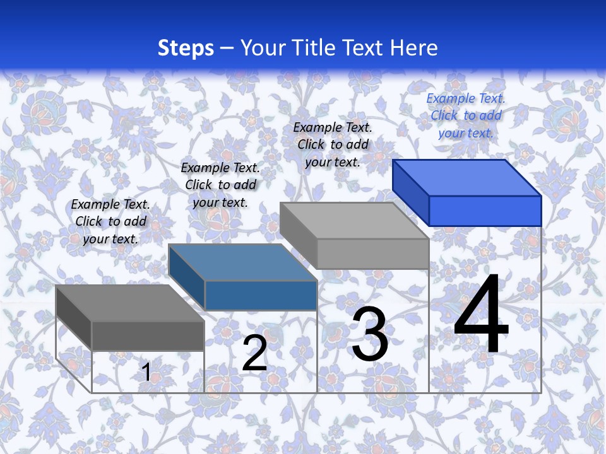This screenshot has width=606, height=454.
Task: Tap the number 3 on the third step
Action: tap(370, 334)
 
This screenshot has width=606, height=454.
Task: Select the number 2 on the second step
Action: tap(254, 353)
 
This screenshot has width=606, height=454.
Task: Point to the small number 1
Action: tap(146, 373)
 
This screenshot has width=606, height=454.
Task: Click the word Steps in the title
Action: tap(186, 48)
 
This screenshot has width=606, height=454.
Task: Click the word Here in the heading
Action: tap(414, 48)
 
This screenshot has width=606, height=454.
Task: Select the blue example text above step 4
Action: tap(466, 115)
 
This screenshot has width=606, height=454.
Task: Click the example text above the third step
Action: tap(333, 144)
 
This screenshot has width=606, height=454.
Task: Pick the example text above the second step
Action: tap(220, 185)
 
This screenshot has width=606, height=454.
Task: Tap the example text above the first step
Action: tap(110, 221)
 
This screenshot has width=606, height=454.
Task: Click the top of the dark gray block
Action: tap(130, 303)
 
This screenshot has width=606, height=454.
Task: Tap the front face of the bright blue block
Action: tap(485, 211)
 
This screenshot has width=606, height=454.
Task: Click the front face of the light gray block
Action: tap(372, 254)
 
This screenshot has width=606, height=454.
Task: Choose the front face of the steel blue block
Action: tap(261, 295)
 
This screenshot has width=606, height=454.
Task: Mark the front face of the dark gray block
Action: tap(148, 335)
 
